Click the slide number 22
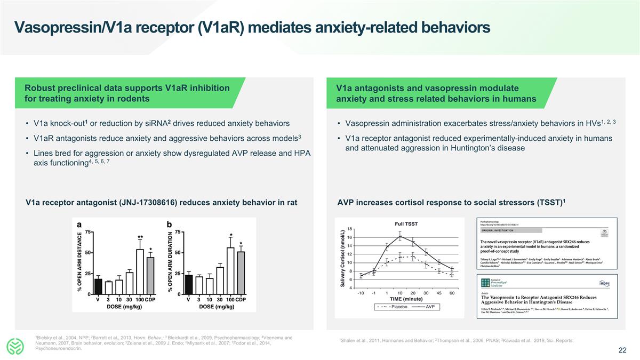622,350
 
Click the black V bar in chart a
98,286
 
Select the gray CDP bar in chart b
241,273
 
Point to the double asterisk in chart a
140,237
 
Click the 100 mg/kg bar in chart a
140,271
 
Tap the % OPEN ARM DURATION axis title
171,261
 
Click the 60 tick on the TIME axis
452,293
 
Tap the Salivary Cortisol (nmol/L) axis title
343,258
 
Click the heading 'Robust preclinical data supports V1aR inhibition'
127,88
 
